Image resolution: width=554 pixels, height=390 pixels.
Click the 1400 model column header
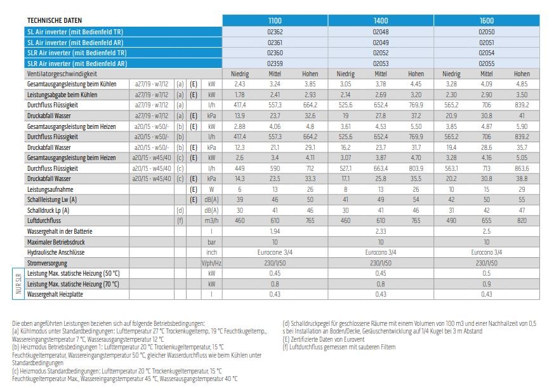coord(381,20)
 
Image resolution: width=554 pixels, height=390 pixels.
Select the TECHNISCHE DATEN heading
coord(55,20)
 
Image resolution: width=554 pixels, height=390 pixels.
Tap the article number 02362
coord(275,32)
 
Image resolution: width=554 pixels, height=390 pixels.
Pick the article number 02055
coord(487,64)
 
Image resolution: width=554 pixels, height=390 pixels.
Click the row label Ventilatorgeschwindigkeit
coord(62,74)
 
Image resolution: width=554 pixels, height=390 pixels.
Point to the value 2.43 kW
coord(239,84)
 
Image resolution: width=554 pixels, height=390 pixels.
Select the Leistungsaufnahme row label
coord(50,189)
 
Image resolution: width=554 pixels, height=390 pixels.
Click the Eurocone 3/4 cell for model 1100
coord(275,252)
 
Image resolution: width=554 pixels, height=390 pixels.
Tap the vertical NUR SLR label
coord(18,283)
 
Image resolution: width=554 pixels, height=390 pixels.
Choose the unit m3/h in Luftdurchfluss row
coord(211,220)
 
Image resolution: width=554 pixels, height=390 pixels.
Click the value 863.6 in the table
coord(522,169)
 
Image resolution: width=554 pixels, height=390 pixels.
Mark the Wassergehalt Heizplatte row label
coord(55,295)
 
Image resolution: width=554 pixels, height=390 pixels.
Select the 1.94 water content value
coord(275,232)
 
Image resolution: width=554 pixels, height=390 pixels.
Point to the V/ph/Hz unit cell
coord(211,264)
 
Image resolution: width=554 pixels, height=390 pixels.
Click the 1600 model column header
coord(487,20)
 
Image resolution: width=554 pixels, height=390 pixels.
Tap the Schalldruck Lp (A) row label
coord(48,210)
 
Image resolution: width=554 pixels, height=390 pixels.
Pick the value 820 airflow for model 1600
coord(522,220)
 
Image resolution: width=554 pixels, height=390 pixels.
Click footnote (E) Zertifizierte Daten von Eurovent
coord(323,339)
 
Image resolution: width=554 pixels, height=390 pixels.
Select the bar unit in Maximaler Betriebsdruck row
coord(211,242)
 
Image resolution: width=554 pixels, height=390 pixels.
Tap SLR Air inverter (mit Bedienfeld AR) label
coord(77,64)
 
